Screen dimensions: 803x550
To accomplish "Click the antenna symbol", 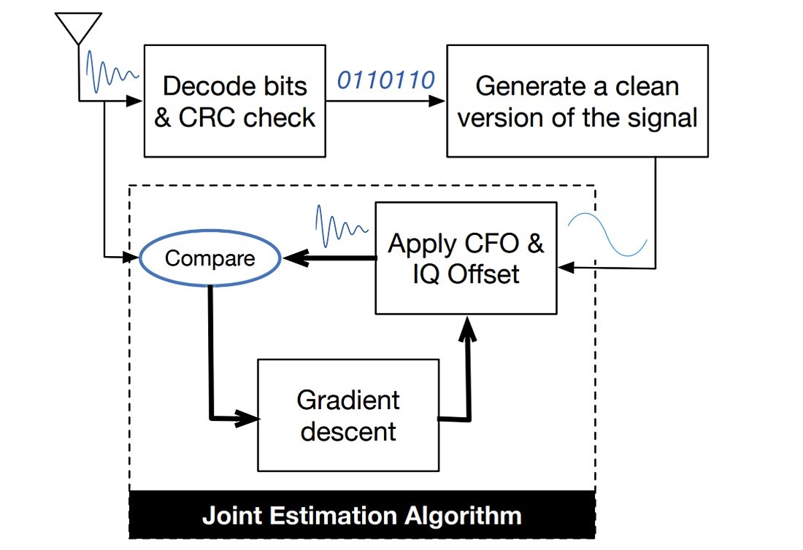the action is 78,29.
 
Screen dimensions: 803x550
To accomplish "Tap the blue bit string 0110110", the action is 385,80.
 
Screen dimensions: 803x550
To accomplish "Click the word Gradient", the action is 347,400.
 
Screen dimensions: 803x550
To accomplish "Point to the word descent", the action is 348,431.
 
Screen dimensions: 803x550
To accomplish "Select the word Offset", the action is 483,275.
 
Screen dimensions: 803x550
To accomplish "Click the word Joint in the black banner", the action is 232,516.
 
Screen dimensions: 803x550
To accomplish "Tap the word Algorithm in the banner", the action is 463,516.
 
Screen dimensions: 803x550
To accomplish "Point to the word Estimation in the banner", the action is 333,515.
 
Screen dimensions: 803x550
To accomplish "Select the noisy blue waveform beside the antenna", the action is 112,71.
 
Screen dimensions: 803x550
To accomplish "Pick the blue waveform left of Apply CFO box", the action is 341,225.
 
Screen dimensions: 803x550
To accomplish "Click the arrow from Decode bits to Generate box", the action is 385,101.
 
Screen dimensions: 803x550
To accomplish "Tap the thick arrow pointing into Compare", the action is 330,258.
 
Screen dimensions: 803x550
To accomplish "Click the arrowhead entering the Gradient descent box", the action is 247,419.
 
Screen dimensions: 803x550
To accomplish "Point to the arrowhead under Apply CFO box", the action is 467,329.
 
